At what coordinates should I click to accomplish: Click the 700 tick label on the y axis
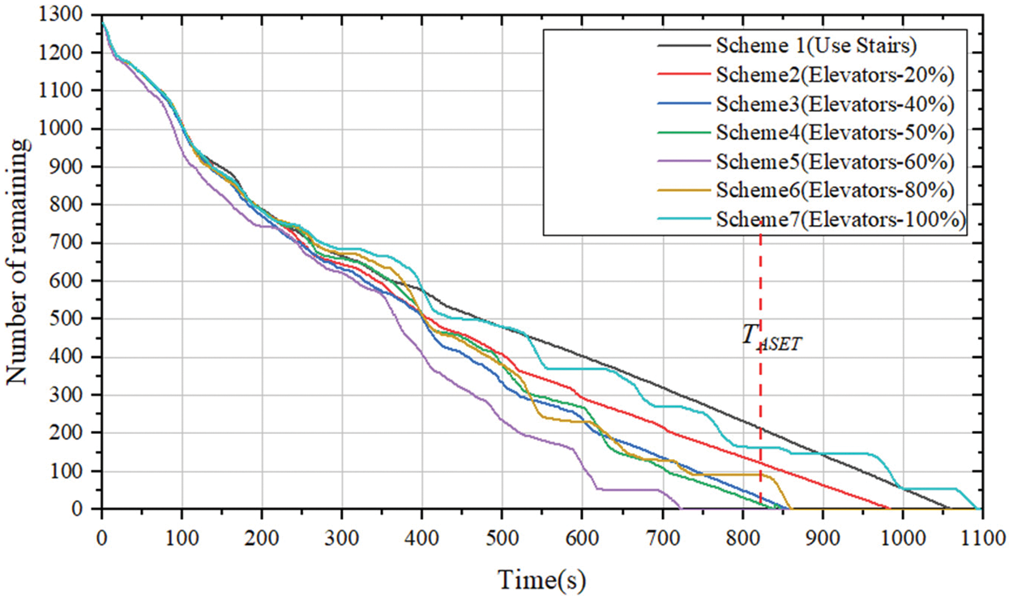point(77,243)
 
